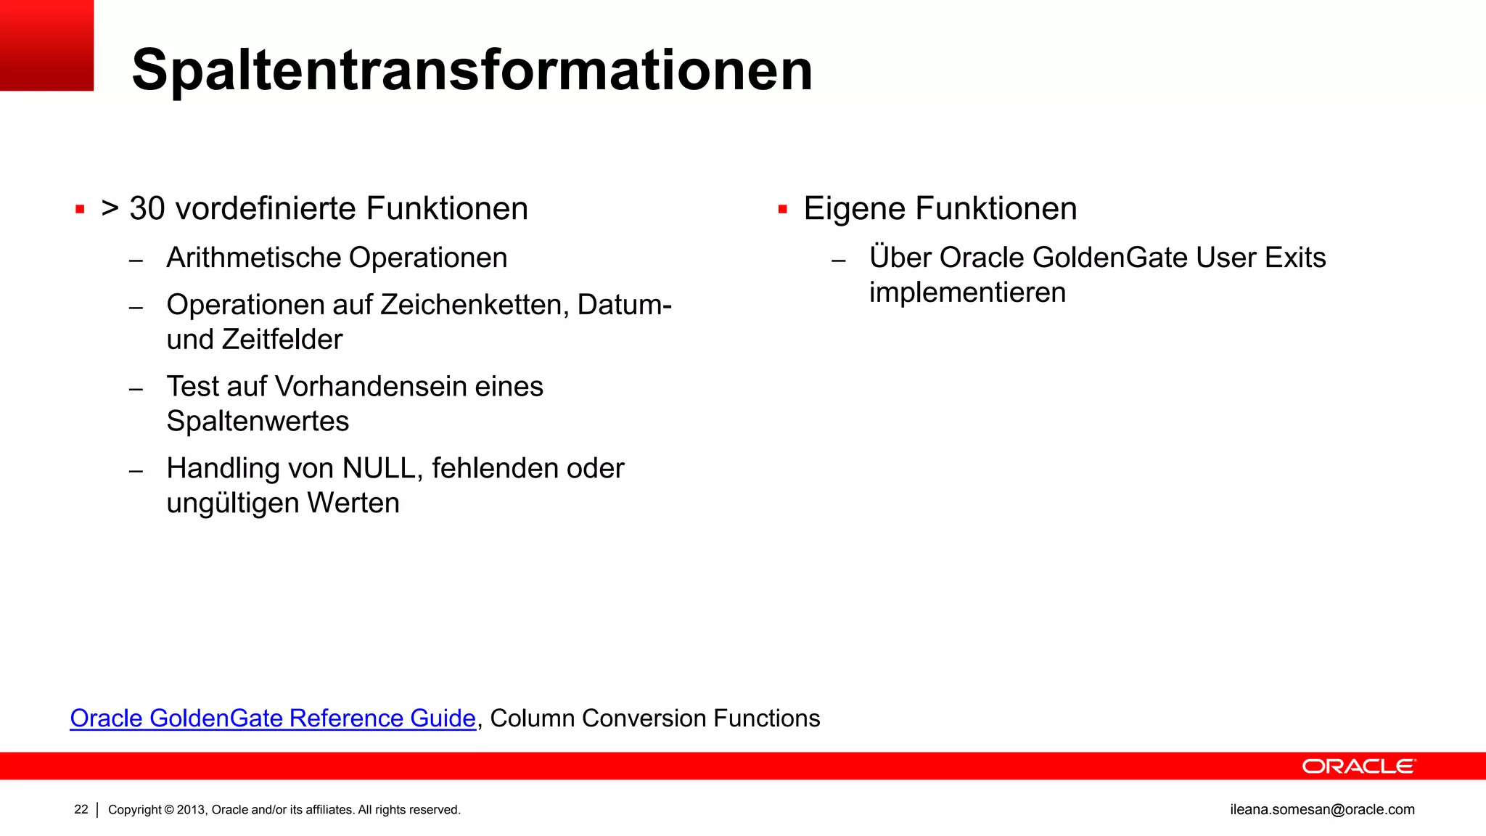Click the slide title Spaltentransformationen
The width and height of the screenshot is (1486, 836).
[x=472, y=70]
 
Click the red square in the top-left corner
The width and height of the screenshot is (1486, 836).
[x=46, y=45]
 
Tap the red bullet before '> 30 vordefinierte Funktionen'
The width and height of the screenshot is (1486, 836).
[x=80, y=210]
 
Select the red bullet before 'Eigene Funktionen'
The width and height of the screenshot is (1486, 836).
[x=782, y=210]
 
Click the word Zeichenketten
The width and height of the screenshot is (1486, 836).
[x=475, y=305]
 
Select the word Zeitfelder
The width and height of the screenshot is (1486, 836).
[x=282, y=340]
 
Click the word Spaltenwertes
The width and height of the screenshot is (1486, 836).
[x=258, y=421]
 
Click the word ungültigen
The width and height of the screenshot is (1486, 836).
[x=232, y=503]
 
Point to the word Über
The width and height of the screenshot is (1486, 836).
[x=900, y=258]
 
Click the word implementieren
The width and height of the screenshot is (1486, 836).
[x=967, y=292]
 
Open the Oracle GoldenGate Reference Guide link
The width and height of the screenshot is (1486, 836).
[x=273, y=718]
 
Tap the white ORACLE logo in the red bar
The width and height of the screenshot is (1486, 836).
[x=1358, y=766]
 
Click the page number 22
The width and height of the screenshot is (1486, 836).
[x=81, y=809]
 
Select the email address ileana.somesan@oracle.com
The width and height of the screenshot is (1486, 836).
[x=1322, y=809]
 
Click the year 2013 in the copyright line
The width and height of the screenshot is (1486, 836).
[x=192, y=810]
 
